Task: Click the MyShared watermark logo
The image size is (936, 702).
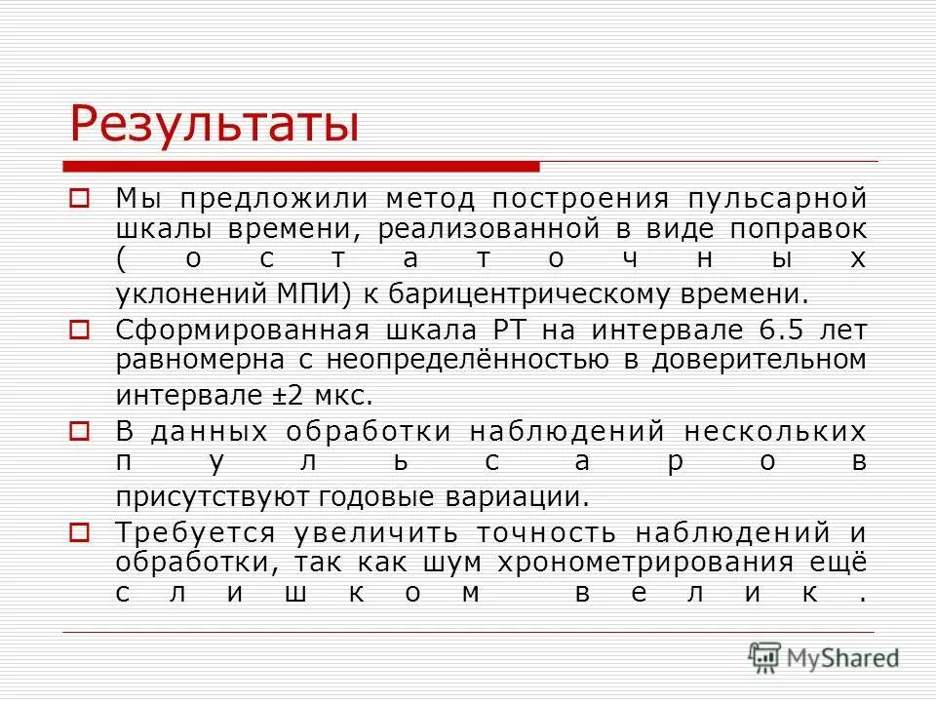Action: coord(824,657)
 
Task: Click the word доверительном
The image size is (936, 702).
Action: coord(770,360)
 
